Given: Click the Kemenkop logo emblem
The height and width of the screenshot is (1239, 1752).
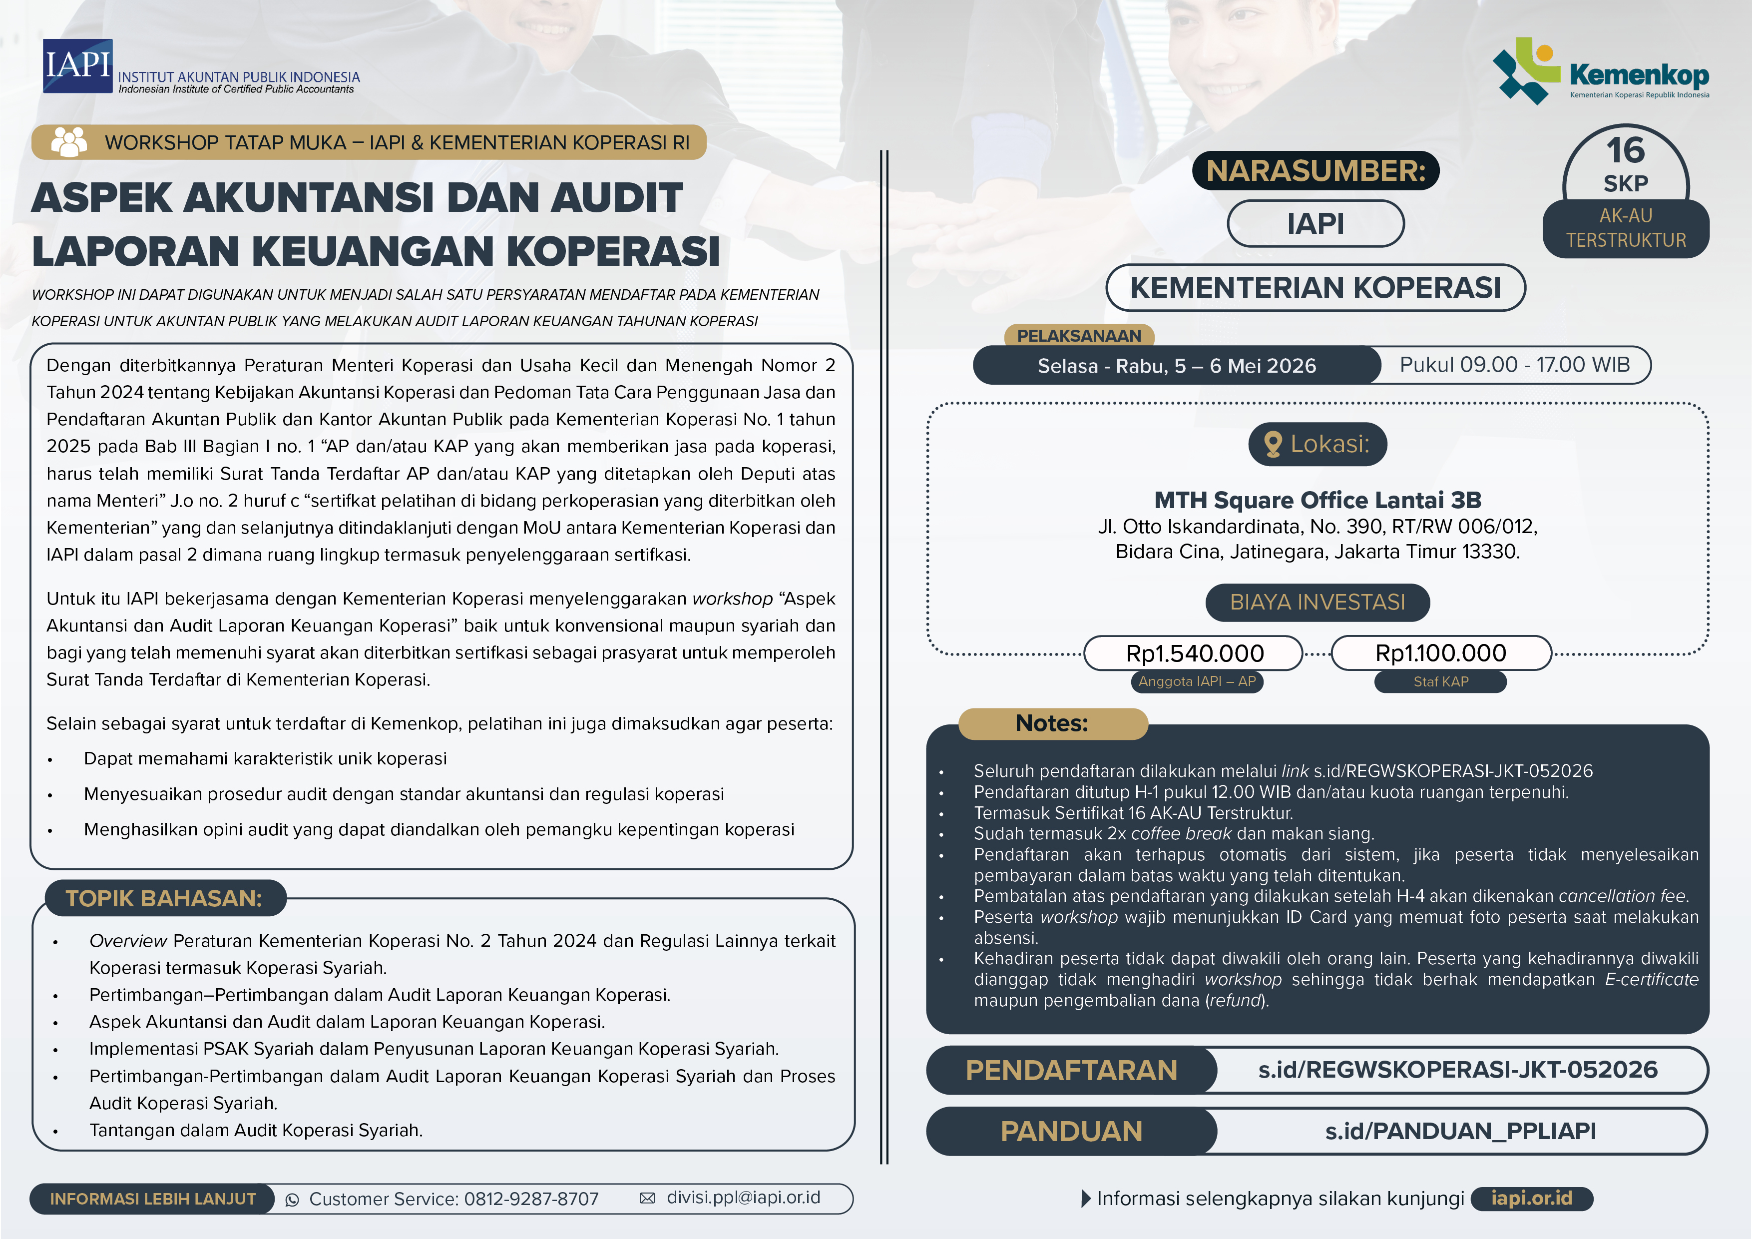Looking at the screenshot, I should (x=1526, y=70).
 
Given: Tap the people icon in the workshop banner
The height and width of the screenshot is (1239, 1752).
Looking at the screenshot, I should (x=69, y=142).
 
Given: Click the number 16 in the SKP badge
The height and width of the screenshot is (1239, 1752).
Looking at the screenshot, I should (x=1625, y=150).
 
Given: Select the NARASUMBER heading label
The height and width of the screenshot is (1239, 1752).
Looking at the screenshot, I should (x=1315, y=170).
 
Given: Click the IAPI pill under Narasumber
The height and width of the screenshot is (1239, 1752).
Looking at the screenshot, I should (x=1315, y=224).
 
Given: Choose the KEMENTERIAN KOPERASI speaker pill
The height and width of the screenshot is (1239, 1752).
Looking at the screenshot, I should (x=1315, y=288).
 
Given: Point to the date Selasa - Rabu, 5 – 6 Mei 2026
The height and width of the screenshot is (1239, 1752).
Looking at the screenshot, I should (x=1177, y=366).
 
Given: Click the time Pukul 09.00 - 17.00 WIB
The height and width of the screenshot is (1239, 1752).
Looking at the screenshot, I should (x=1514, y=365).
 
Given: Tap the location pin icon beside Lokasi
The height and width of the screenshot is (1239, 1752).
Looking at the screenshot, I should (x=1273, y=444).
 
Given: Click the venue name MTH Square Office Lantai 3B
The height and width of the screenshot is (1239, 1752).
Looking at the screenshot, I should (x=1317, y=500).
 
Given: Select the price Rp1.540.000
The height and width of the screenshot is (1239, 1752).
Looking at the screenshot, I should (x=1194, y=653).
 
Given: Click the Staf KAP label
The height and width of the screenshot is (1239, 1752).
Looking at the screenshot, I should (x=1441, y=682).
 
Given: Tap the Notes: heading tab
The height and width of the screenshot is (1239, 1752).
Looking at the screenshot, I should (x=1052, y=723).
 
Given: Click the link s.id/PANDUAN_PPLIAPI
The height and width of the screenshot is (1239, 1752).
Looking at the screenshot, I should (x=1460, y=1131).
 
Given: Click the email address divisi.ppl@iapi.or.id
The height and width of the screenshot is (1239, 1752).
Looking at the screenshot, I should (x=743, y=1198).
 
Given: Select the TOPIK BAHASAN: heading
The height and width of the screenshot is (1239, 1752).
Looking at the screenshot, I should (x=164, y=898).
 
